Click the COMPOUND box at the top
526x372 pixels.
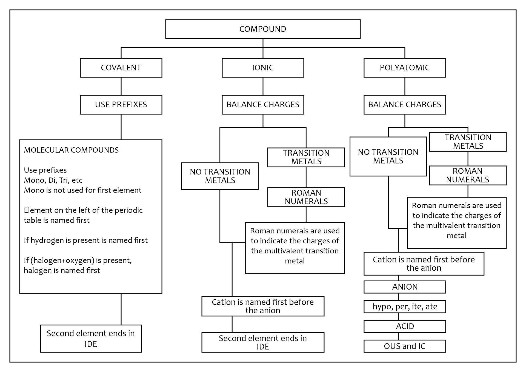[x=263, y=29]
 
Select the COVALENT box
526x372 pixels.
[x=121, y=68]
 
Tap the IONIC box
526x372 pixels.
[x=263, y=68]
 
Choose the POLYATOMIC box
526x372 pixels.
[x=405, y=68]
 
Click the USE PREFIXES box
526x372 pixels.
[x=121, y=105]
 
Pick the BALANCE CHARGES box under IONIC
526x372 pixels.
[x=263, y=105]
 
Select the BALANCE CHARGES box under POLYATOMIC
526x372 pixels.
[x=405, y=105]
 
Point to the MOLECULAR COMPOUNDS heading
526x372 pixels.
[x=71, y=150]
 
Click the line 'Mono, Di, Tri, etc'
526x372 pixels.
[x=53, y=180]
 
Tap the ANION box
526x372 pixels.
[x=405, y=287]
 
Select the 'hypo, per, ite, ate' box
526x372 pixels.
[x=405, y=307]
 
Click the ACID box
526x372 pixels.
[x=405, y=326]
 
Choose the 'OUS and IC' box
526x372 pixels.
[x=405, y=346]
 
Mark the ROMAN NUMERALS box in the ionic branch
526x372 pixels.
[x=306, y=197]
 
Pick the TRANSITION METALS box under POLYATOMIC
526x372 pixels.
[x=468, y=142]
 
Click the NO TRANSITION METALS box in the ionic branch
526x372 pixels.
[x=220, y=176]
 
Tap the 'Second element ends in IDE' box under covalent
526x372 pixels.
[x=91, y=339]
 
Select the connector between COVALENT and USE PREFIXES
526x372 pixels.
[x=121, y=86]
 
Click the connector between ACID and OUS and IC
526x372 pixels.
[x=398, y=336]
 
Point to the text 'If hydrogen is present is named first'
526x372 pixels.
[x=86, y=240]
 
